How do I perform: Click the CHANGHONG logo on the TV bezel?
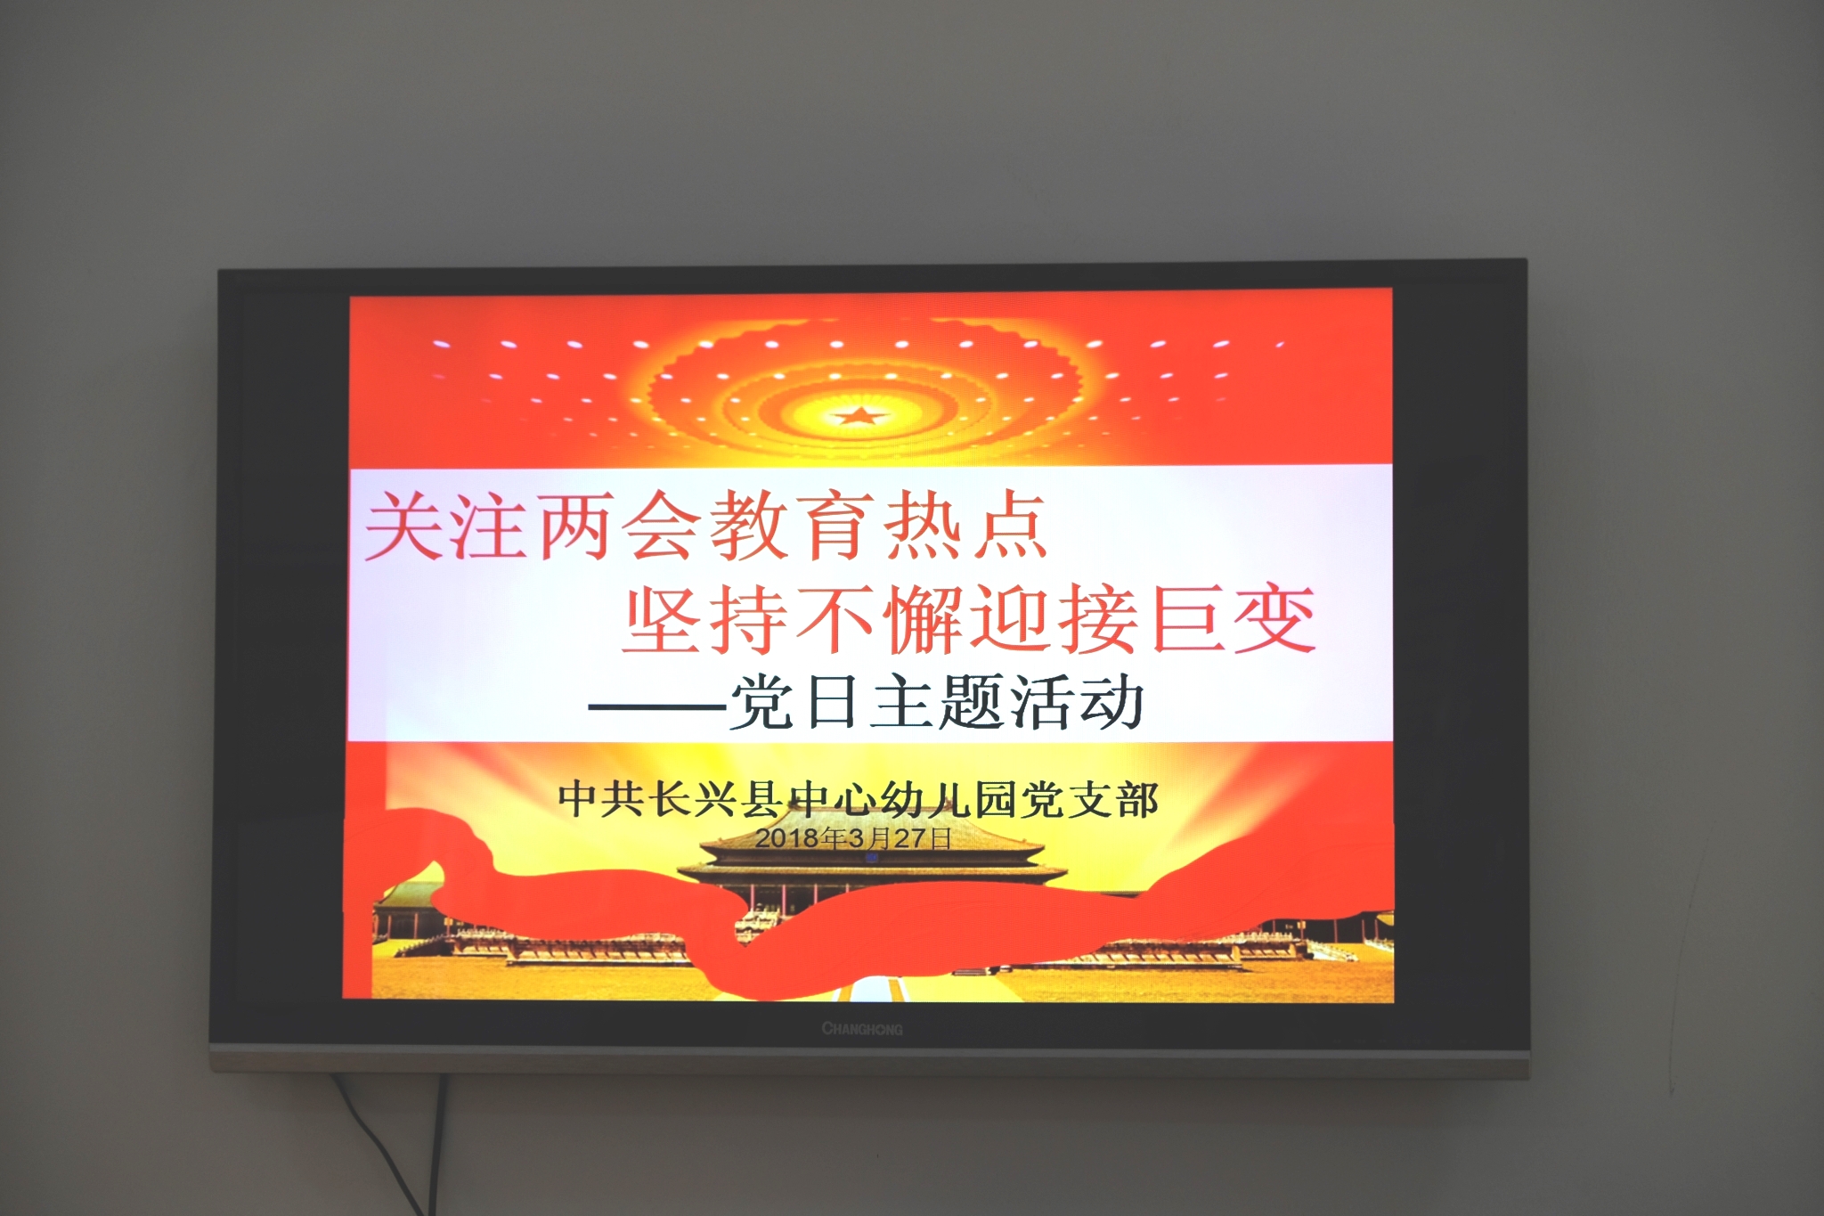tap(862, 1029)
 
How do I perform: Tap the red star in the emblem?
tap(860, 415)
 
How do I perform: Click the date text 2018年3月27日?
tap(853, 838)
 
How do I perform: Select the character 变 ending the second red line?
tap(1274, 618)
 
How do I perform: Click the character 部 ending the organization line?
tap(1137, 799)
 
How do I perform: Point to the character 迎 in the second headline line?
tap(1013, 618)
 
